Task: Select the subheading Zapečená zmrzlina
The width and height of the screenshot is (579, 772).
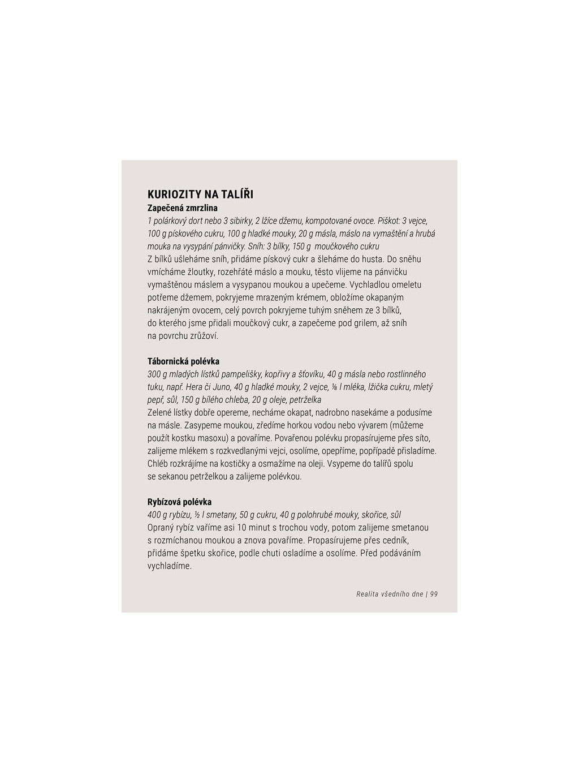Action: pyautogui.click(x=182, y=208)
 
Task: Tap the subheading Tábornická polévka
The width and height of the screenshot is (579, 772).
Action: pyautogui.click(x=183, y=361)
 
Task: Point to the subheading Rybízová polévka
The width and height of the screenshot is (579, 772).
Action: pyautogui.click(x=179, y=502)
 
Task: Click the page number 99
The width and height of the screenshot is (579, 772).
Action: pyautogui.click(x=434, y=594)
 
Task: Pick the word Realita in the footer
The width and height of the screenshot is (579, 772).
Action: pyautogui.click(x=368, y=594)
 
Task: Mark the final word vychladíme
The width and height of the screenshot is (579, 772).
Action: pyautogui.click(x=170, y=566)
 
